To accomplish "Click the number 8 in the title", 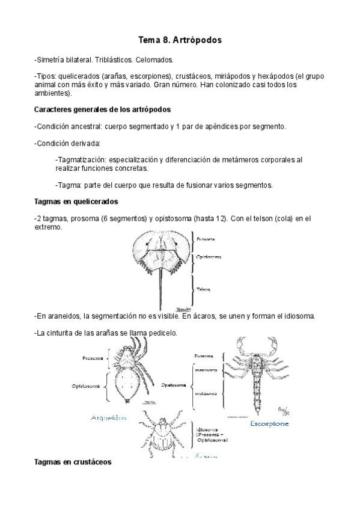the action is tap(166, 40).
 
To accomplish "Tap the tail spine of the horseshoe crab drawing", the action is tap(160, 289).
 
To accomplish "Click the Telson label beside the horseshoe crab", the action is tap(203, 289).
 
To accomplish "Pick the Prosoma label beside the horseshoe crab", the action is tap(206, 239).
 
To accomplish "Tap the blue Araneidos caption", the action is tap(108, 417).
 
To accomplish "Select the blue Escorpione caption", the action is tap(269, 423).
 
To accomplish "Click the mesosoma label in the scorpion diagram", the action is tap(206, 370).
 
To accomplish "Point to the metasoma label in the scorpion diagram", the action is tap(206, 394).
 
